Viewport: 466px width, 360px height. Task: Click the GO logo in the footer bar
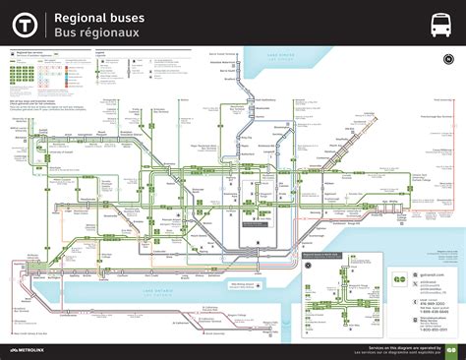(x=451, y=350)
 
